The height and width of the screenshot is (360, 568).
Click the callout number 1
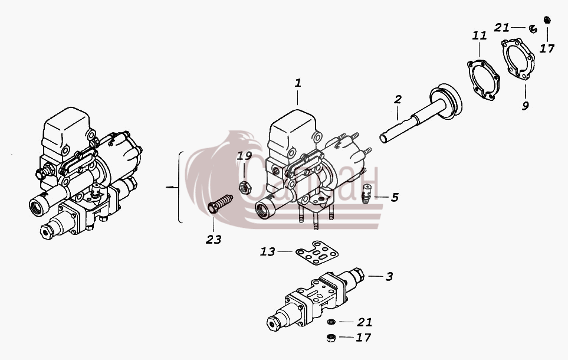coord(298,83)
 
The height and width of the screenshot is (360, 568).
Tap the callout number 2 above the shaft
coord(398,99)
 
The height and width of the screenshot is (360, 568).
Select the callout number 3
coord(389,277)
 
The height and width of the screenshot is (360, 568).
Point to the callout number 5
coord(395,197)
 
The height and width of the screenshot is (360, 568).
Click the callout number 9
coord(526,106)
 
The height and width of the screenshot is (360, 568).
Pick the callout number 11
coord(480,35)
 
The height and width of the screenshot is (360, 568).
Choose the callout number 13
coord(268,251)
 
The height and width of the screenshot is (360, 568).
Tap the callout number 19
coord(245,156)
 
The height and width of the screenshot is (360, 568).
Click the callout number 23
coord(214,240)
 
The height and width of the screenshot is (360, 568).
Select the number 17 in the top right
coord(547,48)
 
